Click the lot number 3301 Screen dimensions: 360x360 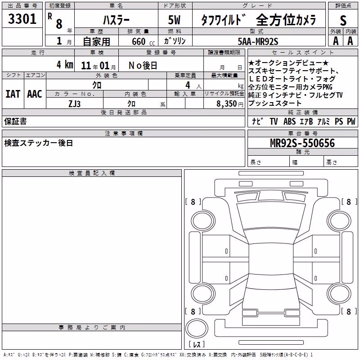tap(22, 19)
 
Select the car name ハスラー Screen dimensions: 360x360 tap(116, 20)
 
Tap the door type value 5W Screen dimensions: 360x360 tap(174, 20)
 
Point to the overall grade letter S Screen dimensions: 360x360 tap(343, 20)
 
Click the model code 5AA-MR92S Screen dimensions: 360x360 tap(258, 41)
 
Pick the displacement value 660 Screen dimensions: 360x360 tap(139, 41)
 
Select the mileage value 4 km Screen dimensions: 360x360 tap(65, 64)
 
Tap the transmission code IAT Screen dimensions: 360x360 tap(13, 94)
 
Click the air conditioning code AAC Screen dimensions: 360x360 tap(35, 94)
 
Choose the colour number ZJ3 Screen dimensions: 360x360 tap(75, 104)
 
